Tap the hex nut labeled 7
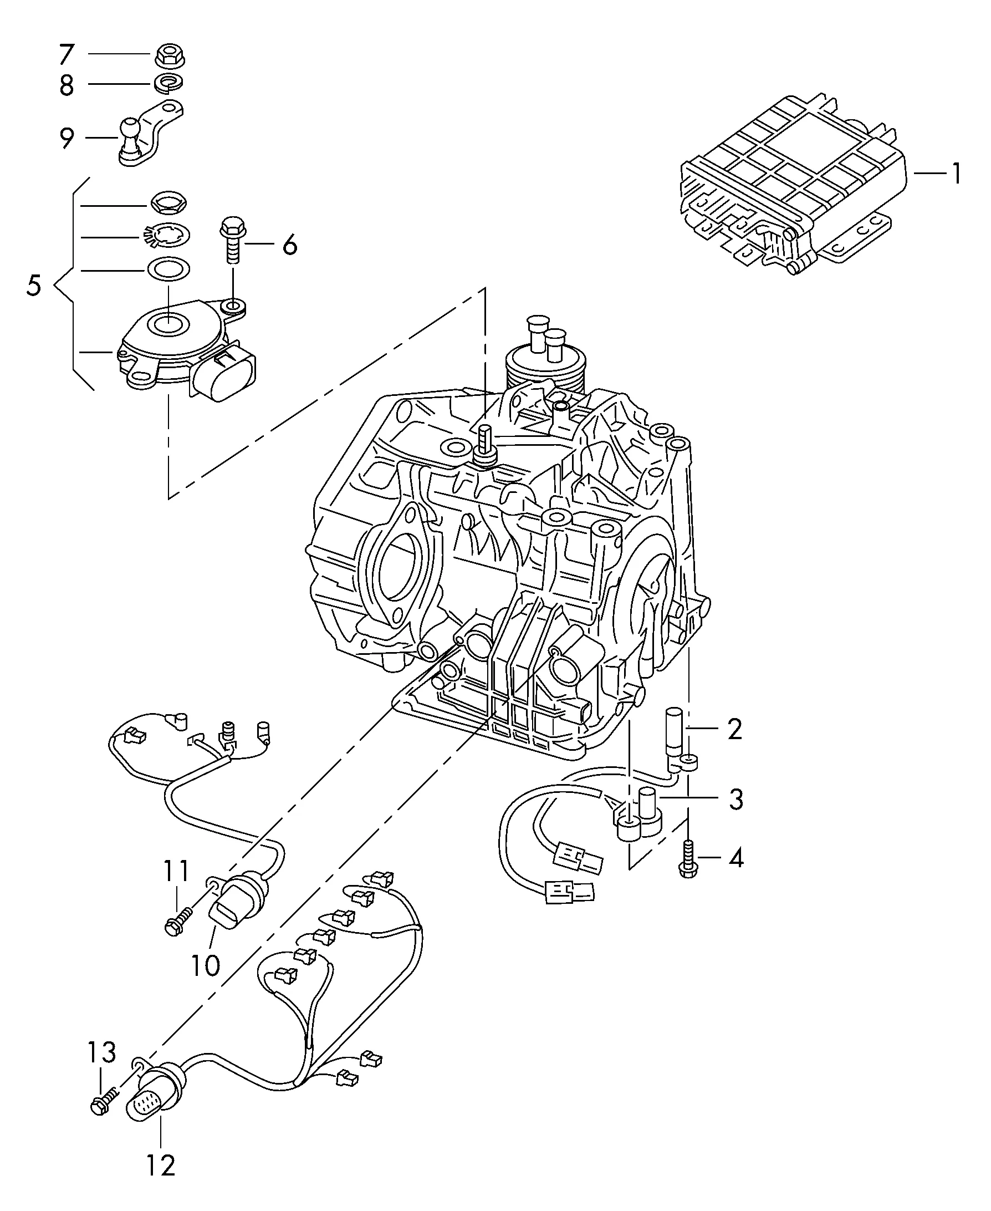pos(170,56)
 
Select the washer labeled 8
pos(169,83)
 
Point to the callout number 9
pos(67,138)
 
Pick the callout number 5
pos(34,285)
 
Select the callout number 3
pos(736,800)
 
